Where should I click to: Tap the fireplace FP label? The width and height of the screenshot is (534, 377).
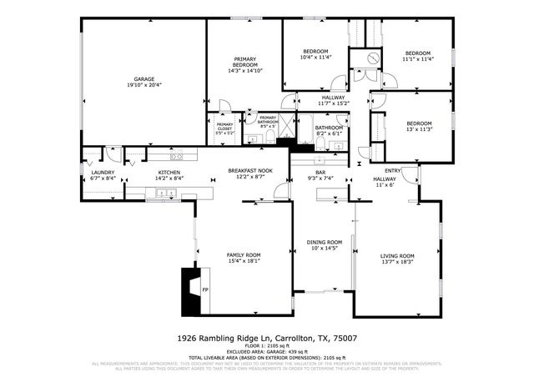coord(204,289)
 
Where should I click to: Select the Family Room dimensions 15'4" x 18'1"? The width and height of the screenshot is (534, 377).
coord(244,261)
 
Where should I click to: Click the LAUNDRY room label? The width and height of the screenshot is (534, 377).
coord(103,172)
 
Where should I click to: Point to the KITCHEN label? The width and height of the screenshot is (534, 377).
coord(169,172)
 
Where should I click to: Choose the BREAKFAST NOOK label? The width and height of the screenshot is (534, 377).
coord(250,170)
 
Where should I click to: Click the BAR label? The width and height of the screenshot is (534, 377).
coord(296,171)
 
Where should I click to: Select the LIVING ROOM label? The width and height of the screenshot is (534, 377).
coord(397,255)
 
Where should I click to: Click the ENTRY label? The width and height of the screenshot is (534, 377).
coord(392,171)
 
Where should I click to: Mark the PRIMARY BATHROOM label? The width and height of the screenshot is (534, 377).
coord(268,120)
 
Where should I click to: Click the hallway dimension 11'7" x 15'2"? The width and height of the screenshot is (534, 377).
coord(332,103)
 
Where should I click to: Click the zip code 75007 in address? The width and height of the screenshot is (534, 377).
coord(345,338)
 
